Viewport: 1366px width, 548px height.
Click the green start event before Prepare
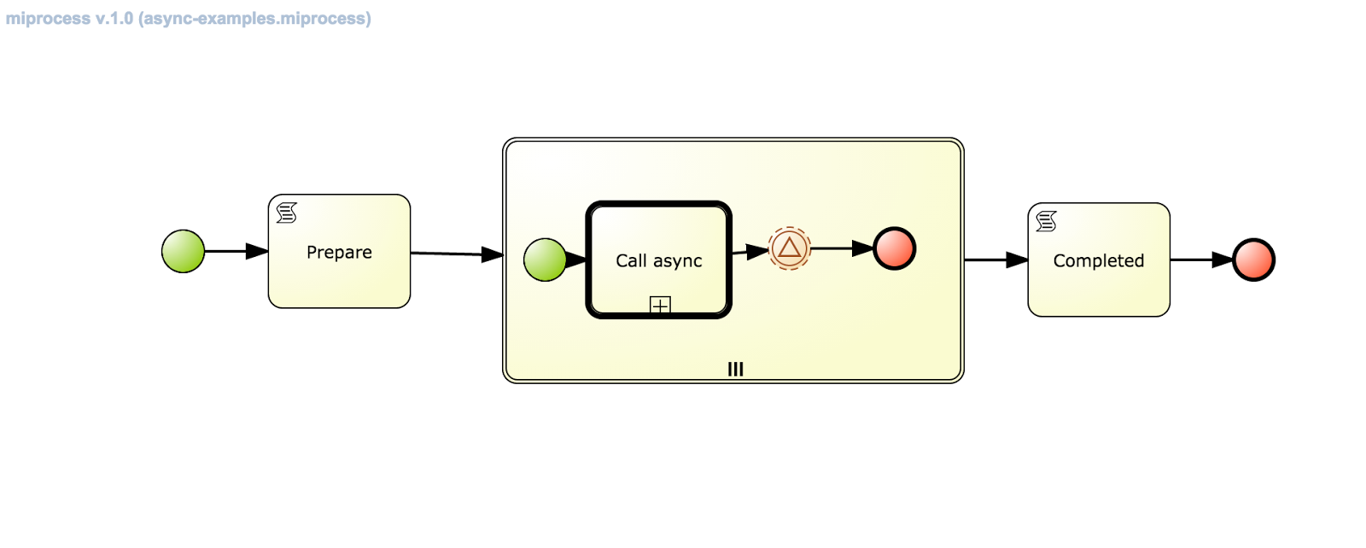[x=183, y=251]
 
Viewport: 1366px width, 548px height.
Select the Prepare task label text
[x=339, y=253]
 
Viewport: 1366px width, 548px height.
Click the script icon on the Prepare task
[x=287, y=213]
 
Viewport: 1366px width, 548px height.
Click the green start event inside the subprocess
[x=545, y=259]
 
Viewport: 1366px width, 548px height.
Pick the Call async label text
[x=658, y=261]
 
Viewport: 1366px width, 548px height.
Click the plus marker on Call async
[x=660, y=305]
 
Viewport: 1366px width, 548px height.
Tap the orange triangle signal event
[x=789, y=248]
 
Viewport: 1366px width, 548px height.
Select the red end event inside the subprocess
[x=894, y=248]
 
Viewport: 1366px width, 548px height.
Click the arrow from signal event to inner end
[x=841, y=248]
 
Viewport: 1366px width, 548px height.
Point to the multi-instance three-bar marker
[x=735, y=369]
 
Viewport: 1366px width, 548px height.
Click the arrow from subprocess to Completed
[x=995, y=259]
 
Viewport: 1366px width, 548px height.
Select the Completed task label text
[x=1098, y=261]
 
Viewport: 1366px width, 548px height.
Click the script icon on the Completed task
[x=1046, y=222]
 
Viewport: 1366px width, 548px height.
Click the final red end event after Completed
[x=1253, y=259]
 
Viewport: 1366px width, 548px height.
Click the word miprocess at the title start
[x=48, y=19]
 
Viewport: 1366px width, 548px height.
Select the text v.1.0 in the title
[x=114, y=19]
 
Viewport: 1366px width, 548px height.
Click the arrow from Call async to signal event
[x=750, y=252]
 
